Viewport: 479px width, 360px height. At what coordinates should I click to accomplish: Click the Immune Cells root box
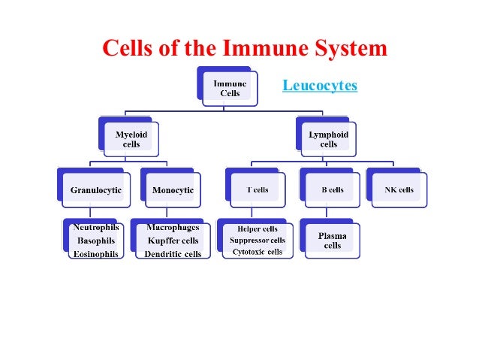230,88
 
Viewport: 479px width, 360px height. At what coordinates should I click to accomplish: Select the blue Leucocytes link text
319,86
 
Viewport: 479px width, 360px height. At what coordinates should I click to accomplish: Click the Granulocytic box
95,190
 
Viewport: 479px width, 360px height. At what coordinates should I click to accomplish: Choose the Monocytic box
173,190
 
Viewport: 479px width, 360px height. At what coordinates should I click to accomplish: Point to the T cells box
258,190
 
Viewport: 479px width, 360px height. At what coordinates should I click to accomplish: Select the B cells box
332,190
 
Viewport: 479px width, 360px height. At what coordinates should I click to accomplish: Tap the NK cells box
399,190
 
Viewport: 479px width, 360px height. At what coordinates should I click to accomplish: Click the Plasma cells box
332,241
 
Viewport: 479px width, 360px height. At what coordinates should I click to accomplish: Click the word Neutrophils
95,228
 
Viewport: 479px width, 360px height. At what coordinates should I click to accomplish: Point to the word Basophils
95,241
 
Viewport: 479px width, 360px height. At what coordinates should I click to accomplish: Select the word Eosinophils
95,254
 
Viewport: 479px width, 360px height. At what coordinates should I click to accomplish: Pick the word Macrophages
173,227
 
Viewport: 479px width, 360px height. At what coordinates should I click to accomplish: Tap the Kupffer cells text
173,241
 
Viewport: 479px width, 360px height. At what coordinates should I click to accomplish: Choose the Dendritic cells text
173,254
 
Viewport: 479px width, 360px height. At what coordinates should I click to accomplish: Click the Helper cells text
258,229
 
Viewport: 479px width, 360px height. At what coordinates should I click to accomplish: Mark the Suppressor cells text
258,241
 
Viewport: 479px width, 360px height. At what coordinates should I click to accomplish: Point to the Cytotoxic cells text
258,252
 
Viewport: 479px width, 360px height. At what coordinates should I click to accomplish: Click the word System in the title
347,49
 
